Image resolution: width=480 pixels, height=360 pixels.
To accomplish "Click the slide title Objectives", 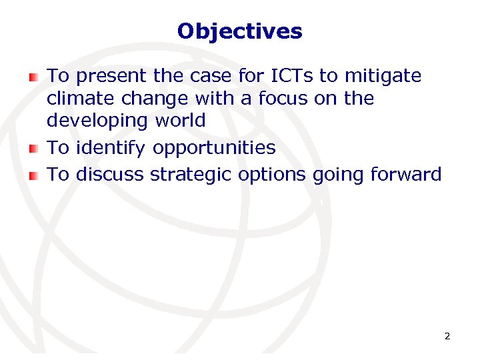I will click(x=240, y=31).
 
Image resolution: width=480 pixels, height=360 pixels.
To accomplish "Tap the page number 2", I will click(x=447, y=336).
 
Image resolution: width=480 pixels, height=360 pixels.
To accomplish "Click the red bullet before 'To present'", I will click(x=34, y=78).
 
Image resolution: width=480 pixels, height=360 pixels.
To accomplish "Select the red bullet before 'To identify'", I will click(x=34, y=149).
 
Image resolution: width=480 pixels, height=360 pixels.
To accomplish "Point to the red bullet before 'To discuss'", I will click(x=34, y=176).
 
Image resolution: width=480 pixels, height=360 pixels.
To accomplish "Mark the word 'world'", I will click(x=181, y=121).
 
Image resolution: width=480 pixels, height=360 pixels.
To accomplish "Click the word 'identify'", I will click(x=111, y=148).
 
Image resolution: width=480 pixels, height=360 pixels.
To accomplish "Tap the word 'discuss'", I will click(x=111, y=175).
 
